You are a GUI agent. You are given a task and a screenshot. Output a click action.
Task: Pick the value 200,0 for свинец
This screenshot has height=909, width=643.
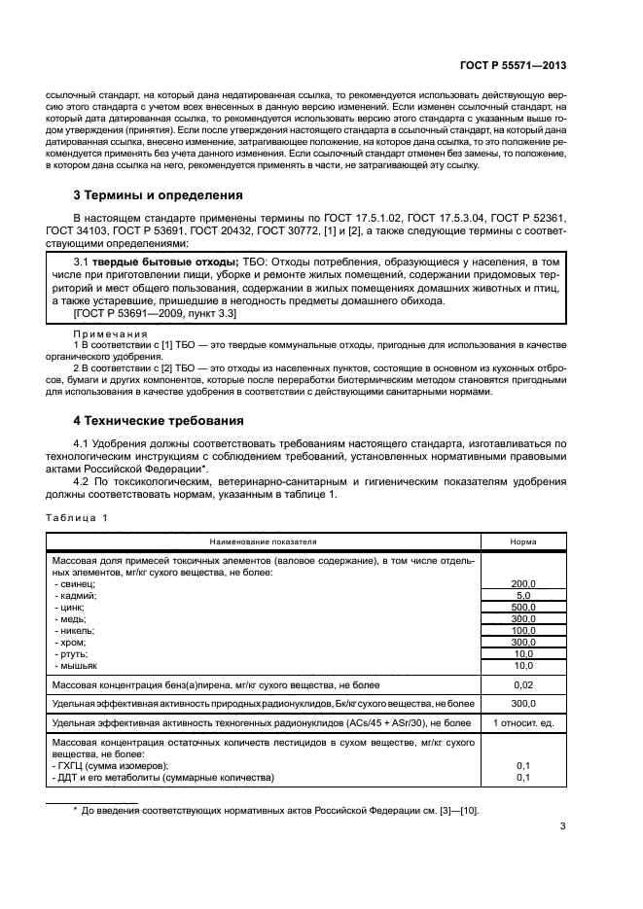click(523, 583)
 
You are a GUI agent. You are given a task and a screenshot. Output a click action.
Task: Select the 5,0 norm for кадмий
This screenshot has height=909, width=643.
click(523, 595)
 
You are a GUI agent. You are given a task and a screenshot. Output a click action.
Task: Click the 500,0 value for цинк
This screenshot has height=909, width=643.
click(523, 608)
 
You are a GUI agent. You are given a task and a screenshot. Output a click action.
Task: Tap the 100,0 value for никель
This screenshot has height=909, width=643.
click(523, 631)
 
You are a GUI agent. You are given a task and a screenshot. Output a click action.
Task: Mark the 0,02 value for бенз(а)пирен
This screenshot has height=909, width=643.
click(523, 685)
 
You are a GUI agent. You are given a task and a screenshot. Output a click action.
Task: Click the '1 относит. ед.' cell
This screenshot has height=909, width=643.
click(523, 723)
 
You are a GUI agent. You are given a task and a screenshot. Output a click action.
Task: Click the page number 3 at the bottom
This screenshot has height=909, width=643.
click(562, 827)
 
